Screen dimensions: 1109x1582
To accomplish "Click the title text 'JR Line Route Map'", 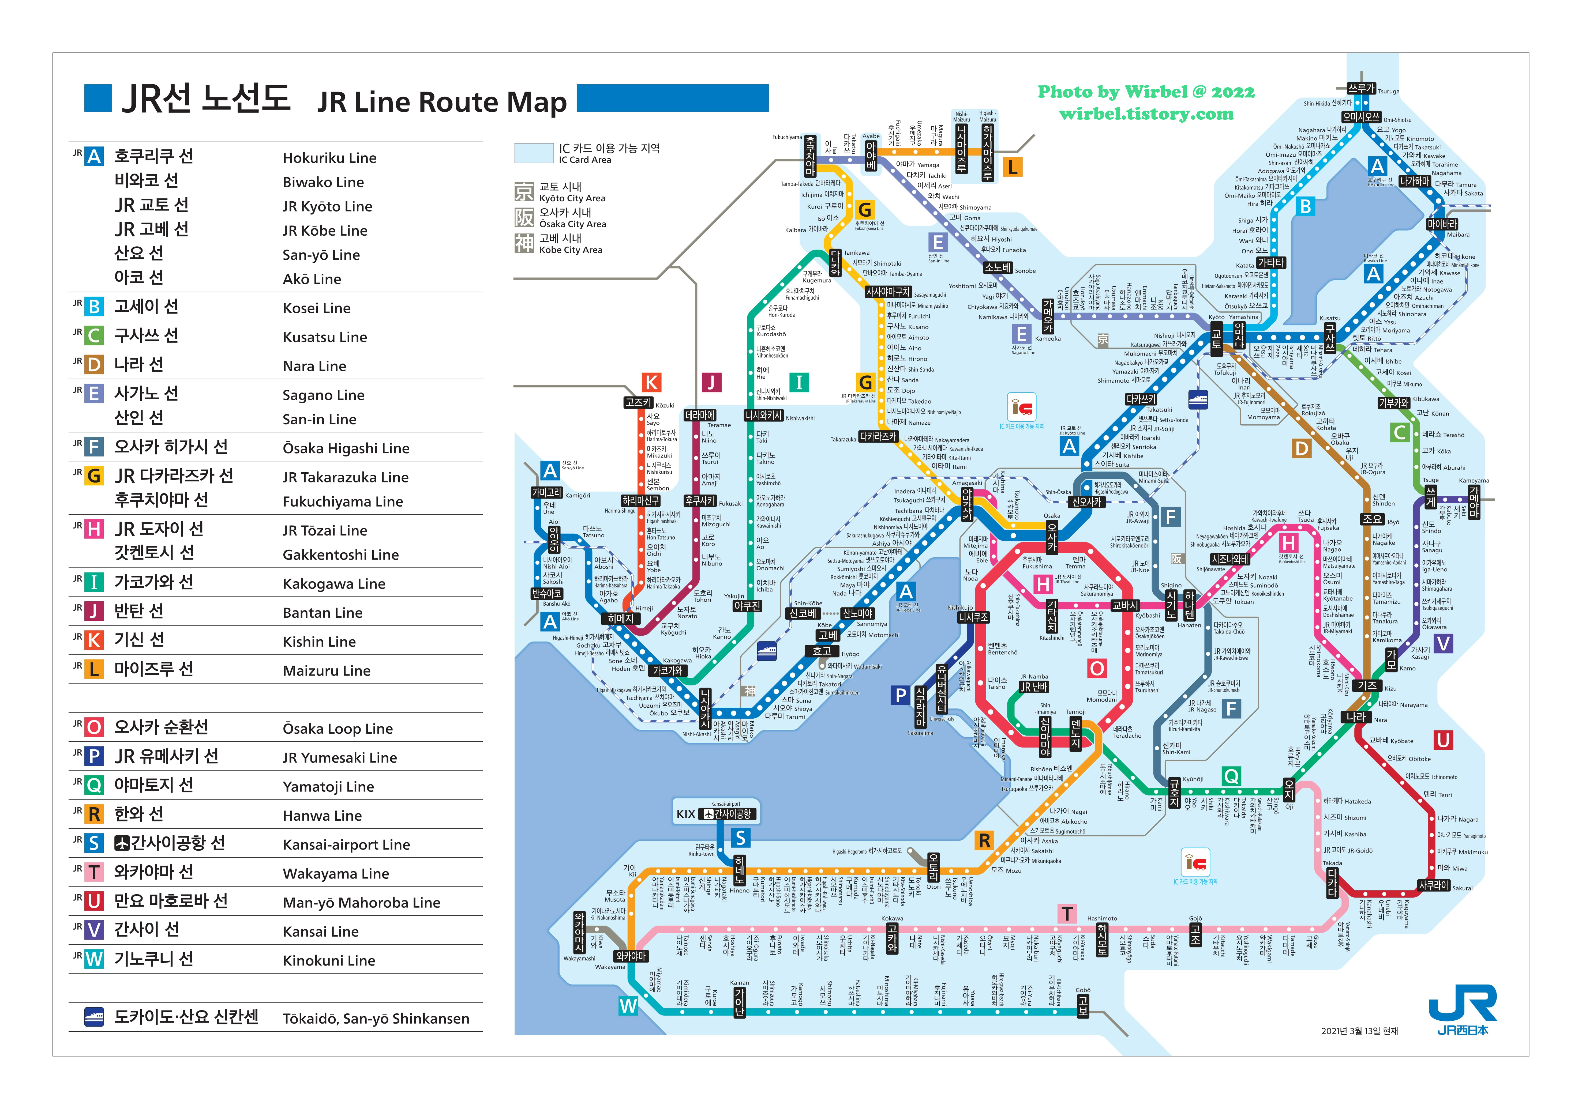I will click(x=442, y=102).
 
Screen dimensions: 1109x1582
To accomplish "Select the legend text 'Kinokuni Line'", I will click(x=329, y=960).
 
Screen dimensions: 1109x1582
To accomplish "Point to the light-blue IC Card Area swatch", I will click(x=533, y=153).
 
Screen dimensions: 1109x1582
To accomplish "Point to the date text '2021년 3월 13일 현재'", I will click(x=1359, y=1031).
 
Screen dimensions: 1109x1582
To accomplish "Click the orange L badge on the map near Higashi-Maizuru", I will click(x=1012, y=167).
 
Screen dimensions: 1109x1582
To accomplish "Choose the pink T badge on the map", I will click(x=1067, y=914).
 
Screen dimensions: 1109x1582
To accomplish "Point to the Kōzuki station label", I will click(x=638, y=403).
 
